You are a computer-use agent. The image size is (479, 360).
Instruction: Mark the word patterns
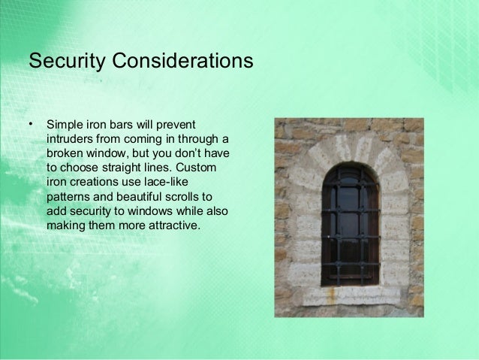(69, 195)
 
